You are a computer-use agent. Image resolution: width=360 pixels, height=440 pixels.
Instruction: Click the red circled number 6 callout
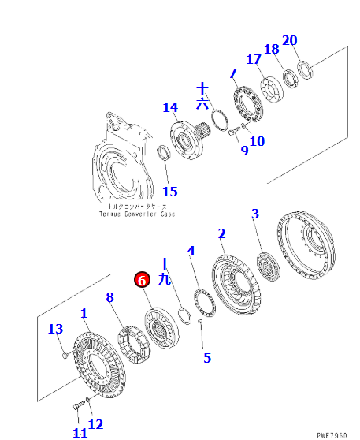[142, 280]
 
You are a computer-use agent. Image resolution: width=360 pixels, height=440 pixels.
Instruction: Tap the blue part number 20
[289, 40]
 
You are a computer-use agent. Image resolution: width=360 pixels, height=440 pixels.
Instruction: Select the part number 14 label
[170, 107]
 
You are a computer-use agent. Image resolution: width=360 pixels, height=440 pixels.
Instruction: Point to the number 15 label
[170, 192]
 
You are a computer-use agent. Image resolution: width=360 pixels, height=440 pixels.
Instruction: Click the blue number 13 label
[55, 329]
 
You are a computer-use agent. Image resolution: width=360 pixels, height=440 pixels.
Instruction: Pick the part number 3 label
[255, 214]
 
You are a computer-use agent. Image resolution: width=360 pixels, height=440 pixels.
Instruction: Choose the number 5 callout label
[207, 358]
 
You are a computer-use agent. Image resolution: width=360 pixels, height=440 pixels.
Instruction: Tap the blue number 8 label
[110, 297]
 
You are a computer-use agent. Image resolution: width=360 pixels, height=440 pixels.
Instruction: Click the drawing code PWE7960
[332, 435]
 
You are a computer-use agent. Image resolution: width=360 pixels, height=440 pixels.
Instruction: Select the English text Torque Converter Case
[137, 214]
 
